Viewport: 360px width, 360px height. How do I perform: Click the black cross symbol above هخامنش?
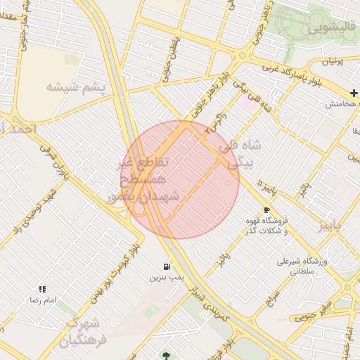coord(354,93)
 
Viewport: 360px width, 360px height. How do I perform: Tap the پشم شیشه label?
coord(75,86)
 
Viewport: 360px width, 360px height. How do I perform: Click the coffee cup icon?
coord(266,210)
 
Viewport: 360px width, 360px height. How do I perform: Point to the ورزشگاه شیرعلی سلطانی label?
coord(303,265)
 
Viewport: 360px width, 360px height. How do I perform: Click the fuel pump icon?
coord(166,266)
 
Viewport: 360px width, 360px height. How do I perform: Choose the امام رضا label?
coord(40,300)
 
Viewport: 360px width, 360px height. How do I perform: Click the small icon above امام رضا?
coord(43,288)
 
